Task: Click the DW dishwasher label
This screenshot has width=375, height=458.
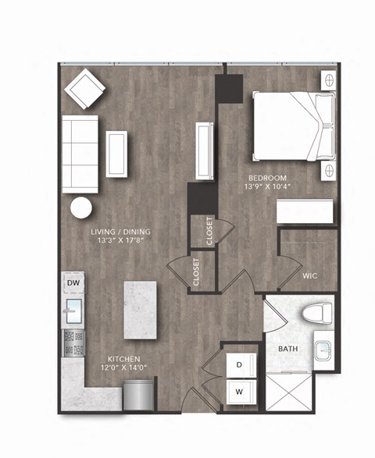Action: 73,282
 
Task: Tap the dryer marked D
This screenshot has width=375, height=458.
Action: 241,365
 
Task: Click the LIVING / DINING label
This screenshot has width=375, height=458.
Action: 120,232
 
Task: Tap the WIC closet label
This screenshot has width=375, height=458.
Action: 310,275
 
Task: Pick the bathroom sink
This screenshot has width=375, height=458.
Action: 324,347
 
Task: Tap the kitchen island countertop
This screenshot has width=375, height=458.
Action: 141,311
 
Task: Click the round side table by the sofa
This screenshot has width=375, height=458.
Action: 80,208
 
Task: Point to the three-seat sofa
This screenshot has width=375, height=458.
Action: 80,153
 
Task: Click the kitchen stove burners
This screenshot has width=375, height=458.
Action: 73,341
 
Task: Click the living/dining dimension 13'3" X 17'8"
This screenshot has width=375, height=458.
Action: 120,241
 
